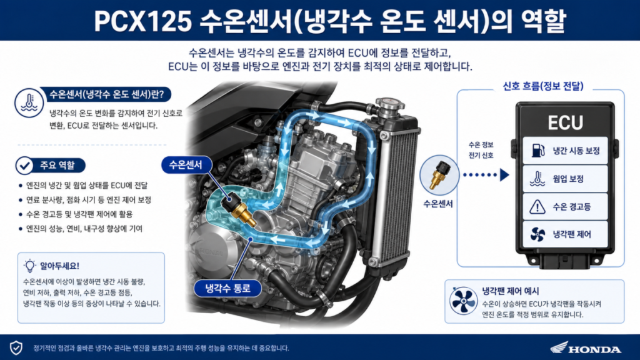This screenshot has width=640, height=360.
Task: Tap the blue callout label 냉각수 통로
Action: click(x=227, y=288)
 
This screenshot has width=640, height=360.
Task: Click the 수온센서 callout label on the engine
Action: click(x=186, y=165)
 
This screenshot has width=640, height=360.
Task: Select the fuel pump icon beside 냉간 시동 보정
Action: click(x=538, y=151)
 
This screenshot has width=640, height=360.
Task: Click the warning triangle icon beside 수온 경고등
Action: click(x=537, y=206)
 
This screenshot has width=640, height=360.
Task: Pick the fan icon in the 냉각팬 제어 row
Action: click(x=537, y=234)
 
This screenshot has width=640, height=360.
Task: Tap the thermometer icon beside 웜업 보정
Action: click(x=537, y=179)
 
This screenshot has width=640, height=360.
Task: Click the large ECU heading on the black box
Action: click(x=565, y=122)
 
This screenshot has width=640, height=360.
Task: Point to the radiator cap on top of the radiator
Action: click(x=390, y=105)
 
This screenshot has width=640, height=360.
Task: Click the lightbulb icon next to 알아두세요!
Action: click(x=30, y=266)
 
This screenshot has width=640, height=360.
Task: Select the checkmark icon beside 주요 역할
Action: click(x=24, y=165)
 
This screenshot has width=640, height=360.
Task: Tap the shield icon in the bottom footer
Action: click(x=16, y=347)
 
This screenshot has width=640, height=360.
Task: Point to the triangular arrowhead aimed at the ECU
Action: click(x=505, y=175)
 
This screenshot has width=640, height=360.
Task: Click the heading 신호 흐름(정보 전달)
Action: click(x=543, y=86)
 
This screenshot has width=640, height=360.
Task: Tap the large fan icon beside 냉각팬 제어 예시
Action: click(x=463, y=301)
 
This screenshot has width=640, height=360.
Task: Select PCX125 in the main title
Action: click(x=143, y=21)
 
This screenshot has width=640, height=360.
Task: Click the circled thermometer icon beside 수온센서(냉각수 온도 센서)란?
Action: click(x=29, y=103)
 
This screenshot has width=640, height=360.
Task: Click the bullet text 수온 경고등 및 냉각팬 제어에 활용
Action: click(x=79, y=214)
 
